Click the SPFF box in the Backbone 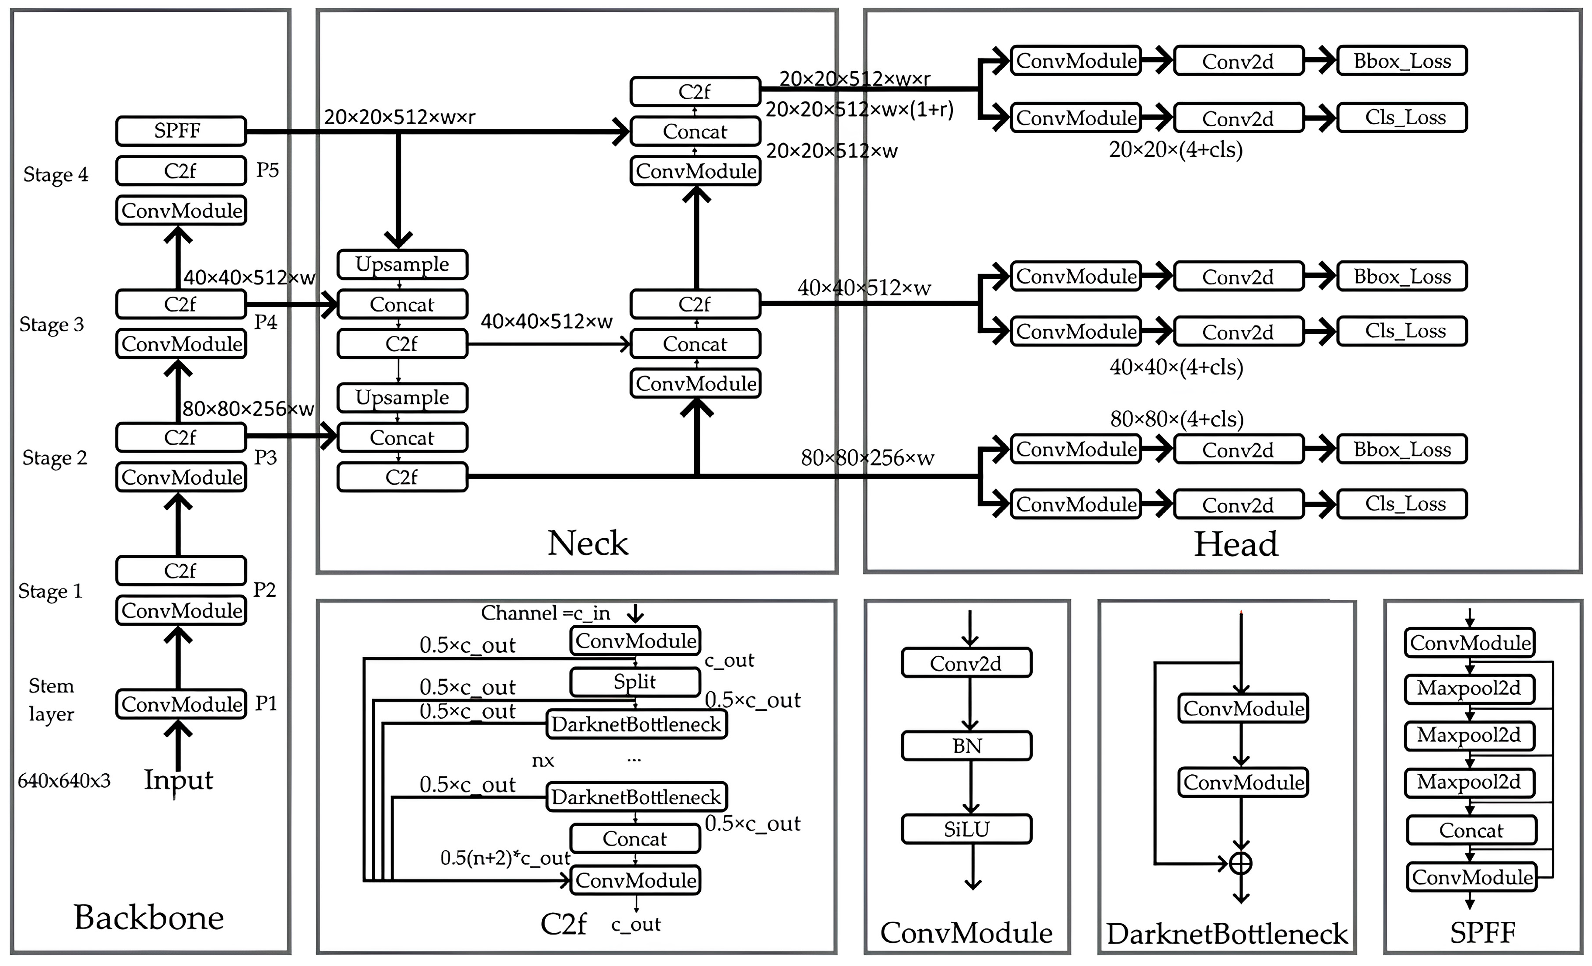(181, 131)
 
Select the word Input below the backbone (178, 779)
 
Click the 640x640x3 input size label (64, 781)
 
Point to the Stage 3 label (52, 324)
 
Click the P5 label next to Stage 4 (267, 170)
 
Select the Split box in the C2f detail (634, 682)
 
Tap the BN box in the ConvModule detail (966, 746)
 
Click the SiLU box (966, 829)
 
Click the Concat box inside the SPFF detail (1471, 830)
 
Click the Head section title (1236, 544)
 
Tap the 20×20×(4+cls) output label (1176, 150)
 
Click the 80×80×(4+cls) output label (1177, 419)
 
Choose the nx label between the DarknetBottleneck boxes (543, 761)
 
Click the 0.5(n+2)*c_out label (505, 858)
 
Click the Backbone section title (149, 918)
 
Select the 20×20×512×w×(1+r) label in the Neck (859, 110)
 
